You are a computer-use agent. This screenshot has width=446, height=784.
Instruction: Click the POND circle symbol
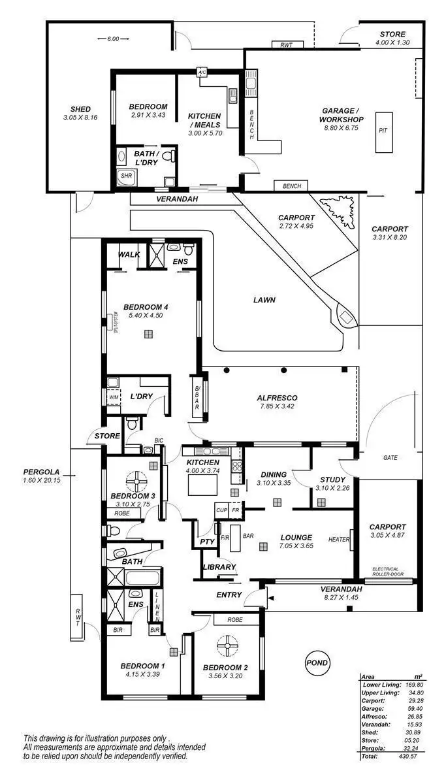pyautogui.click(x=317, y=663)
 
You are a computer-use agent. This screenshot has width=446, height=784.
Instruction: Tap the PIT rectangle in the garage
pyautogui.click(x=383, y=130)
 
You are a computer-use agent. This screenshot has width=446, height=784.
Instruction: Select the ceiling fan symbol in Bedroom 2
pyautogui.click(x=228, y=645)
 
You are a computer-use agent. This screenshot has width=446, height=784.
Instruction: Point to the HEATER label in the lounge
pyautogui.click(x=339, y=540)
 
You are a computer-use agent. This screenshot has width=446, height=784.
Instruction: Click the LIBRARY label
pyautogui.click(x=219, y=567)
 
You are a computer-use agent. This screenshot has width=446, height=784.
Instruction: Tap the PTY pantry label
pyautogui.click(x=207, y=542)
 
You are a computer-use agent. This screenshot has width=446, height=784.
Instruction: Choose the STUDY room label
pyautogui.click(x=332, y=480)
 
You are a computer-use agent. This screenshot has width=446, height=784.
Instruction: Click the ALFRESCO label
pyautogui.click(x=277, y=397)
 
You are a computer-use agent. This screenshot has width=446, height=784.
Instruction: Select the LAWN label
pyautogui.click(x=264, y=301)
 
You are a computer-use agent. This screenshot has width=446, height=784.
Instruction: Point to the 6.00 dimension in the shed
pyautogui.click(x=112, y=39)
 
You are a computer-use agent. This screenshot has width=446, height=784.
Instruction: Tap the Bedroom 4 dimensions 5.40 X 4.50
pyautogui.click(x=150, y=315)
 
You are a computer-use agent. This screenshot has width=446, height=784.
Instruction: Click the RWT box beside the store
pyautogui.click(x=286, y=45)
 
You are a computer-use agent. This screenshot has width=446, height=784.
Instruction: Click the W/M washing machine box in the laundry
pyautogui.click(x=114, y=397)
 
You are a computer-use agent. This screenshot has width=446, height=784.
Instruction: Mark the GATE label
pyautogui.click(x=390, y=458)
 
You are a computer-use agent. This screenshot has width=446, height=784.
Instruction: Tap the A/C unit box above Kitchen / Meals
pyautogui.click(x=202, y=73)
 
